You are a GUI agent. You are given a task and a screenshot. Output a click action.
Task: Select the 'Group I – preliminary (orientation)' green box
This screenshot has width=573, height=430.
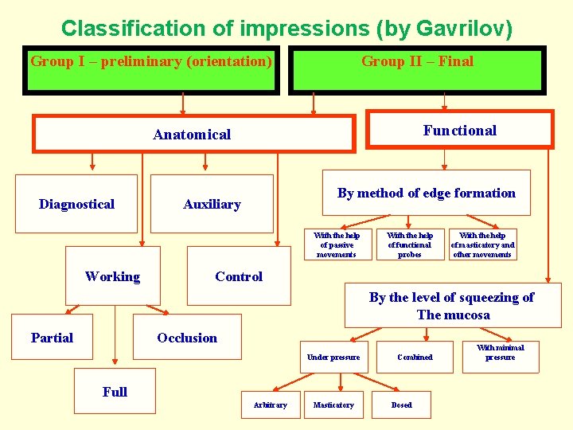click(x=151, y=70)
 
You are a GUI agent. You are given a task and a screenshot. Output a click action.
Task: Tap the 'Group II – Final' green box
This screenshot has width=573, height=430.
click(x=417, y=70)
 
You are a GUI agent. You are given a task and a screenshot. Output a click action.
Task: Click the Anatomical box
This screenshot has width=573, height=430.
click(x=193, y=134)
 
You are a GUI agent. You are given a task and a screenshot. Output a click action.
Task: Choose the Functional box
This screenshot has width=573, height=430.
click(x=460, y=130)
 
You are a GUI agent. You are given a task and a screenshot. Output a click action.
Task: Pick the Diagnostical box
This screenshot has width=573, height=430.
click(x=76, y=204)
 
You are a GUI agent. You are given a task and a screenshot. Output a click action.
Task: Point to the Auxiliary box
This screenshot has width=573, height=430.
click(x=212, y=204)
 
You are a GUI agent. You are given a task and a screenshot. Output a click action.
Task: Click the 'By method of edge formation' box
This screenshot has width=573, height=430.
click(x=426, y=193)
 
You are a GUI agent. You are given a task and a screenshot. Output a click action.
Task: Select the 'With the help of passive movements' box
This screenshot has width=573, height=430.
click(x=337, y=244)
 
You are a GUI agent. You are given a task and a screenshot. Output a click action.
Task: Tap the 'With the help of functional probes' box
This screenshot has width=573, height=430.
click(x=410, y=244)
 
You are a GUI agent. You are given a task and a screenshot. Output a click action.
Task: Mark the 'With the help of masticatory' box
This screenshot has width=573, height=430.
click(x=482, y=244)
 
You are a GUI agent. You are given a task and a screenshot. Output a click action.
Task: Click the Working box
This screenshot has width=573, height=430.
click(x=112, y=276)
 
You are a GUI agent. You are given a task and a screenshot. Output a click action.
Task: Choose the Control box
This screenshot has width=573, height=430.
click(x=239, y=276)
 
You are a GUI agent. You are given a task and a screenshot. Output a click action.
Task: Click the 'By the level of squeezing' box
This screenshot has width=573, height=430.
click(x=451, y=306)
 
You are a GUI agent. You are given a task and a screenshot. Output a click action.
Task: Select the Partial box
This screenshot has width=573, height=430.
click(x=52, y=338)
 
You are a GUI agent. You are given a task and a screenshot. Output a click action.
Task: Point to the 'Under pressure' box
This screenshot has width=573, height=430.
click(x=333, y=357)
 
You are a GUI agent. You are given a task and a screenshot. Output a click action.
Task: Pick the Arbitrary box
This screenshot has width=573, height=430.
click(x=271, y=405)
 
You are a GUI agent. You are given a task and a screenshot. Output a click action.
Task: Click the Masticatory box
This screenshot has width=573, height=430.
click(x=333, y=405)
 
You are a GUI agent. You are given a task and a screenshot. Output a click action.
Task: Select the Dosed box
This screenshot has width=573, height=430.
click(x=402, y=405)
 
